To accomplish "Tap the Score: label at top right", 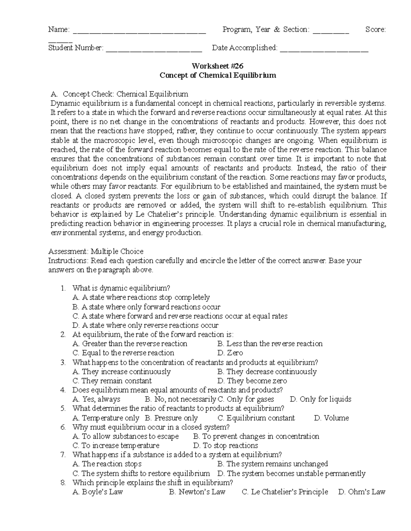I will (x=375, y=30).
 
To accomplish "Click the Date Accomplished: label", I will (x=245, y=48).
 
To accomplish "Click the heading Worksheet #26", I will (x=217, y=66).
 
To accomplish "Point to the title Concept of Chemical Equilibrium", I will (x=217, y=75).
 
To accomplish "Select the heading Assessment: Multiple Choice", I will (x=96, y=251).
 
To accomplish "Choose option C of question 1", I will (x=180, y=316).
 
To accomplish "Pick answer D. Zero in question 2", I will (x=230, y=353).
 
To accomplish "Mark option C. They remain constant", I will (x=112, y=381).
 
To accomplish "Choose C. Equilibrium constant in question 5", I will (x=256, y=418).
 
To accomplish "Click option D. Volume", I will (x=331, y=418).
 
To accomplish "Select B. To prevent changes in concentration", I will (x=256, y=436).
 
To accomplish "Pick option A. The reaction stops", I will (x=107, y=464).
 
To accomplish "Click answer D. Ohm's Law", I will (x=361, y=492).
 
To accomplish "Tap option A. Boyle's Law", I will (x=98, y=492).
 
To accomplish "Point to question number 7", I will (x=63, y=455).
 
